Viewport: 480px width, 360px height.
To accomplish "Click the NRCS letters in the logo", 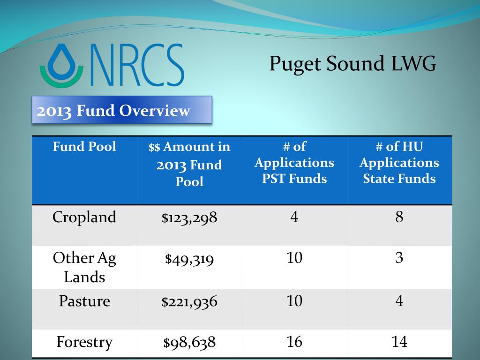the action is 137,65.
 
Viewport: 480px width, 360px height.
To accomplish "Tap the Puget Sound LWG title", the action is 352,64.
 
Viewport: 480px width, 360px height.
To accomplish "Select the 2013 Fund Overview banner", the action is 122,110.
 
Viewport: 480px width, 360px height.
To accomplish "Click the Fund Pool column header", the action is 84,146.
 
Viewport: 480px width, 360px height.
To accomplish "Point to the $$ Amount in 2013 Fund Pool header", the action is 189,164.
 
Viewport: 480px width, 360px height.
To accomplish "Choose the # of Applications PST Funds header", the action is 294,163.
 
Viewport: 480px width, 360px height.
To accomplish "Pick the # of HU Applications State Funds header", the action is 399,163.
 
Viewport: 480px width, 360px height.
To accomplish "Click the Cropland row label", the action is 84,217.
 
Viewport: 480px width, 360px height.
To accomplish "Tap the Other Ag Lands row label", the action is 84,267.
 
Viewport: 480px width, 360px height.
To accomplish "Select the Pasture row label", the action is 84,301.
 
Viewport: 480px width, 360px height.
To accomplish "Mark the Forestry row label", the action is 84,342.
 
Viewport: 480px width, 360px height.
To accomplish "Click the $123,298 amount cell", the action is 189,217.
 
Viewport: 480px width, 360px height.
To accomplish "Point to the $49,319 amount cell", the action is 189,259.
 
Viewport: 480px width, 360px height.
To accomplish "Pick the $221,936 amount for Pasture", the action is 189,301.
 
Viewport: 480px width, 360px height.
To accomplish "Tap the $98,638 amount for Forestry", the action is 189,342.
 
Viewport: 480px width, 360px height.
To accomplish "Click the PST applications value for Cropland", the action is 294,217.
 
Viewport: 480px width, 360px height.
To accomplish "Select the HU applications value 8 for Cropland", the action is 399,217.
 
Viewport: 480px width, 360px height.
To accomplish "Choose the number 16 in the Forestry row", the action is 294,342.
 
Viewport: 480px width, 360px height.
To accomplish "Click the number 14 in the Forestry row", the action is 399,342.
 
